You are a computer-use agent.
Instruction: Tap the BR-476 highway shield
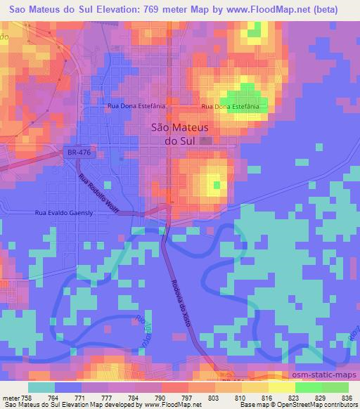pos(74,152)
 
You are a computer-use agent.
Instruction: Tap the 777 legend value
pos(108,397)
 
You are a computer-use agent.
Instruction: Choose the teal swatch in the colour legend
pos(41,387)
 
